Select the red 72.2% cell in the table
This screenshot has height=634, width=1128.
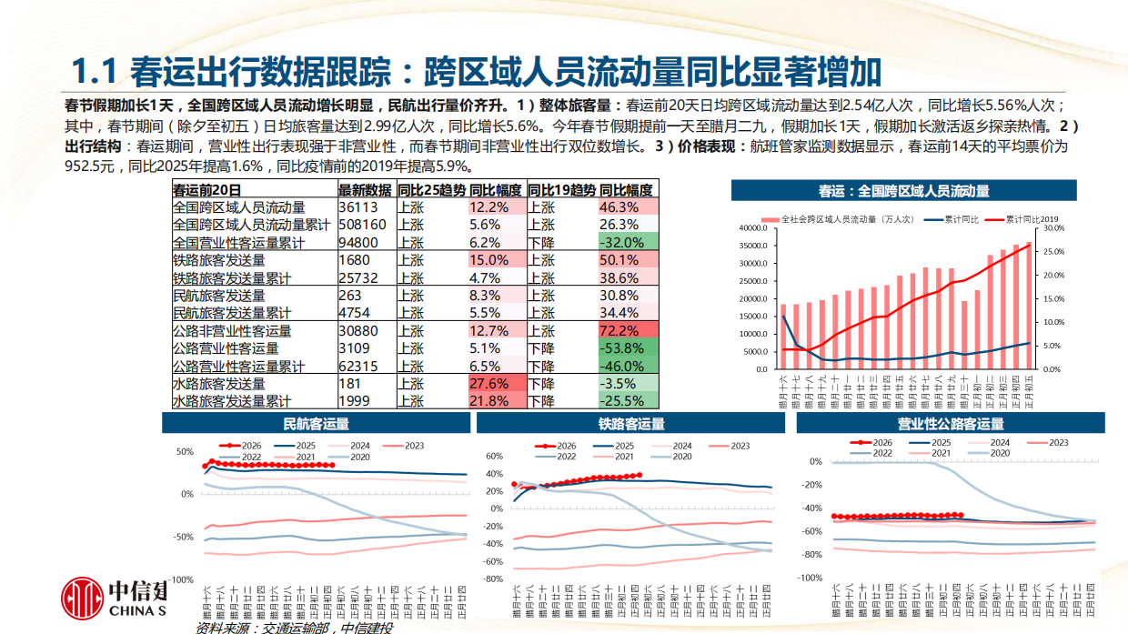pos(626,331)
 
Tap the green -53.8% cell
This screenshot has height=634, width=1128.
pos(626,348)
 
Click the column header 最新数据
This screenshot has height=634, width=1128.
pos(365,190)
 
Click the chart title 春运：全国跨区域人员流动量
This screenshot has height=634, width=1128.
pos(903,191)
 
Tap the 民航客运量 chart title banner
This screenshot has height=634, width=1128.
pos(316,423)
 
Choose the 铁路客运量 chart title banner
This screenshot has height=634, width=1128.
pos(631,424)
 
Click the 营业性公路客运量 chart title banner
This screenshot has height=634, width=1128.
pos(950,424)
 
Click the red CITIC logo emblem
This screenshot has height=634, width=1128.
pos(84,598)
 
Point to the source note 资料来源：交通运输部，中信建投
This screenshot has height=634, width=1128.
pos(294,628)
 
